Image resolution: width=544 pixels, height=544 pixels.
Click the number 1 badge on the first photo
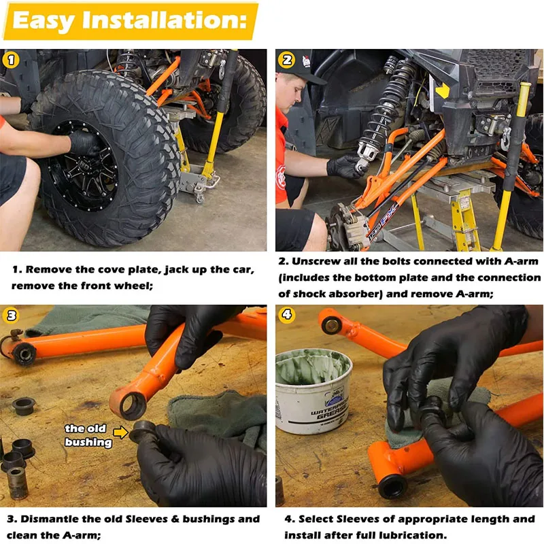(x=11, y=60)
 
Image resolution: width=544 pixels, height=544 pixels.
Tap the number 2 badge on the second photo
(x=286, y=60)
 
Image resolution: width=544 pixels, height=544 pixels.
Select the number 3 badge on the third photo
(x=11, y=316)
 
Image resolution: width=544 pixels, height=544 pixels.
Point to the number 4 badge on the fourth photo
(x=286, y=315)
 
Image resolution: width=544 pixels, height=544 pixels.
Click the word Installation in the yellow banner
(x=164, y=20)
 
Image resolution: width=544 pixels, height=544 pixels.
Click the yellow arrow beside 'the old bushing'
(x=121, y=432)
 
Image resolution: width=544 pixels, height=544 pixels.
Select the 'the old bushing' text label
(x=88, y=435)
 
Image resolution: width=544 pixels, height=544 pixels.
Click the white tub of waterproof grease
(x=313, y=391)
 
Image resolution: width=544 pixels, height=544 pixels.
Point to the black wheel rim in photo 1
(x=83, y=166)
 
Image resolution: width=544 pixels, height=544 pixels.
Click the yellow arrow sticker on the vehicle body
(x=443, y=91)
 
